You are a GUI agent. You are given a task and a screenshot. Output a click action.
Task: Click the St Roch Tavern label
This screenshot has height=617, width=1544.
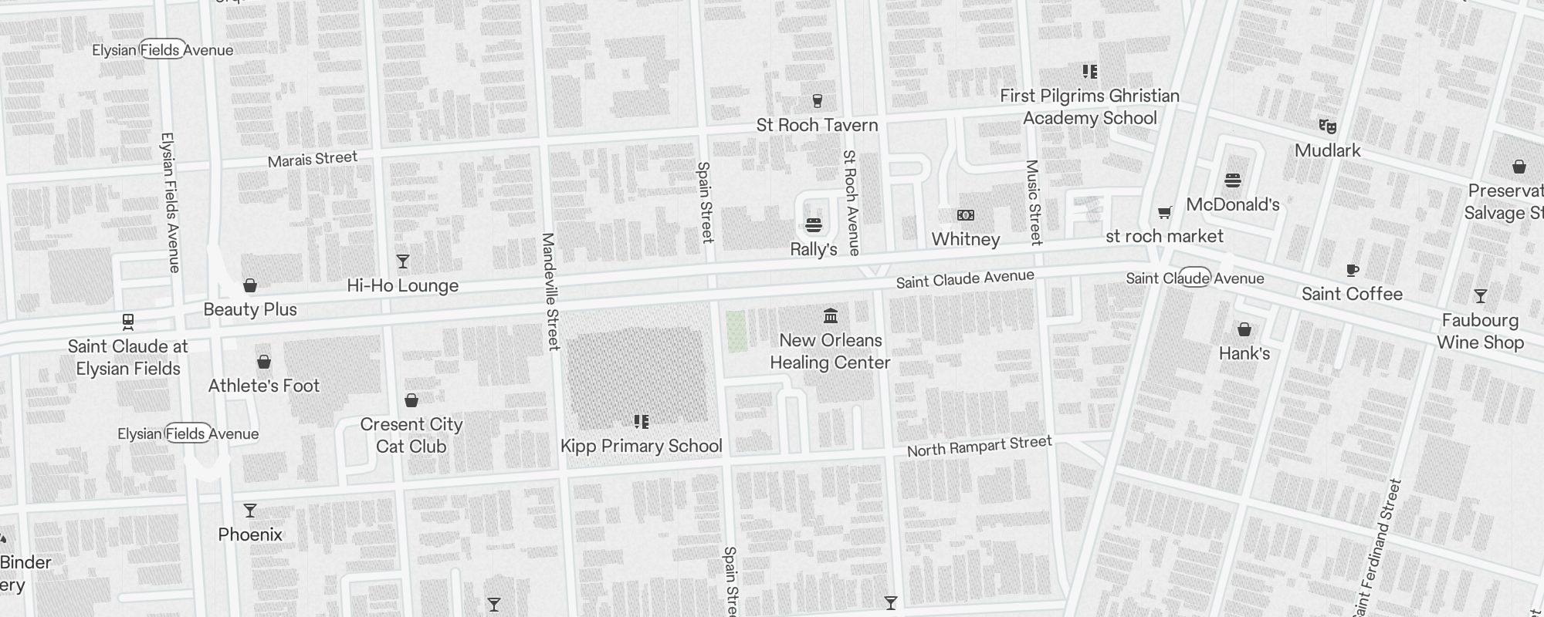(817, 125)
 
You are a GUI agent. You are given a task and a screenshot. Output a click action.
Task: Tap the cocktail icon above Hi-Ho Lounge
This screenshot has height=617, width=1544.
(402, 261)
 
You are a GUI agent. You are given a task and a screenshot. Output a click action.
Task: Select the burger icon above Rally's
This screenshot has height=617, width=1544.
(813, 225)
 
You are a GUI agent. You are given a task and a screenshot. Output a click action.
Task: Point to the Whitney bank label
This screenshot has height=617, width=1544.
(965, 239)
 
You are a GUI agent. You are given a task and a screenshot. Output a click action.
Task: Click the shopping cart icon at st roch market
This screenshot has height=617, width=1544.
(1164, 212)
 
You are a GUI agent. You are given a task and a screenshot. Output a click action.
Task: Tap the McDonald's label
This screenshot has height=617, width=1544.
(1232, 204)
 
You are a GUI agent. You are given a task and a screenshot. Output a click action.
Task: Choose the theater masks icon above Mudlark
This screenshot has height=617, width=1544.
(1327, 126)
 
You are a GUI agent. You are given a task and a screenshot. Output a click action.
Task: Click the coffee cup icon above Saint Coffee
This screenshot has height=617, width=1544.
(1352, 270)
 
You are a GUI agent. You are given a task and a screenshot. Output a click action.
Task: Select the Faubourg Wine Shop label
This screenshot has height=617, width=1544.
(1480, 332)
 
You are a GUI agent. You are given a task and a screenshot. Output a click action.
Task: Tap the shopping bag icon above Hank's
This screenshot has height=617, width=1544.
(1244, 330)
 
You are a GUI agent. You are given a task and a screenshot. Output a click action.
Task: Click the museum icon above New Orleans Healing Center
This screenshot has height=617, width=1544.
(830, 315)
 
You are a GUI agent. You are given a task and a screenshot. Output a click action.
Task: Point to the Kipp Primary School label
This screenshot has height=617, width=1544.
(641, 446)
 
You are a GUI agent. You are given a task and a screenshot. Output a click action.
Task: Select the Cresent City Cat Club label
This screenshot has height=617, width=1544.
(411, 435)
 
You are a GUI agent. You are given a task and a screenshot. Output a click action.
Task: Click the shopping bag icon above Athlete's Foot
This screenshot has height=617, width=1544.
(263, 362)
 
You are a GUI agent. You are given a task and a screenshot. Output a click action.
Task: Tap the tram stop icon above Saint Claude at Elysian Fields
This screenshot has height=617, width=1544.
(128, 322)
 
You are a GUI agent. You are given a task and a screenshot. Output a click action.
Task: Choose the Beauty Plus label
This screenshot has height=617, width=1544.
(249, 309)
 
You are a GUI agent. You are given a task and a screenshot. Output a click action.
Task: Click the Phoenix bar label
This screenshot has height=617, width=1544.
(249, 534)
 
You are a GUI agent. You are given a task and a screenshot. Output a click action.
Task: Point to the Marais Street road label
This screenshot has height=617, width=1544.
(312, 159)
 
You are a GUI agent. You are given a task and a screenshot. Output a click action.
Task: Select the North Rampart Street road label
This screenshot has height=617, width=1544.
(979, 446)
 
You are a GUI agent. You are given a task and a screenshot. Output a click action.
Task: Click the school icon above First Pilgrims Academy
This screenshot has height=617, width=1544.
(1089, 72)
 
